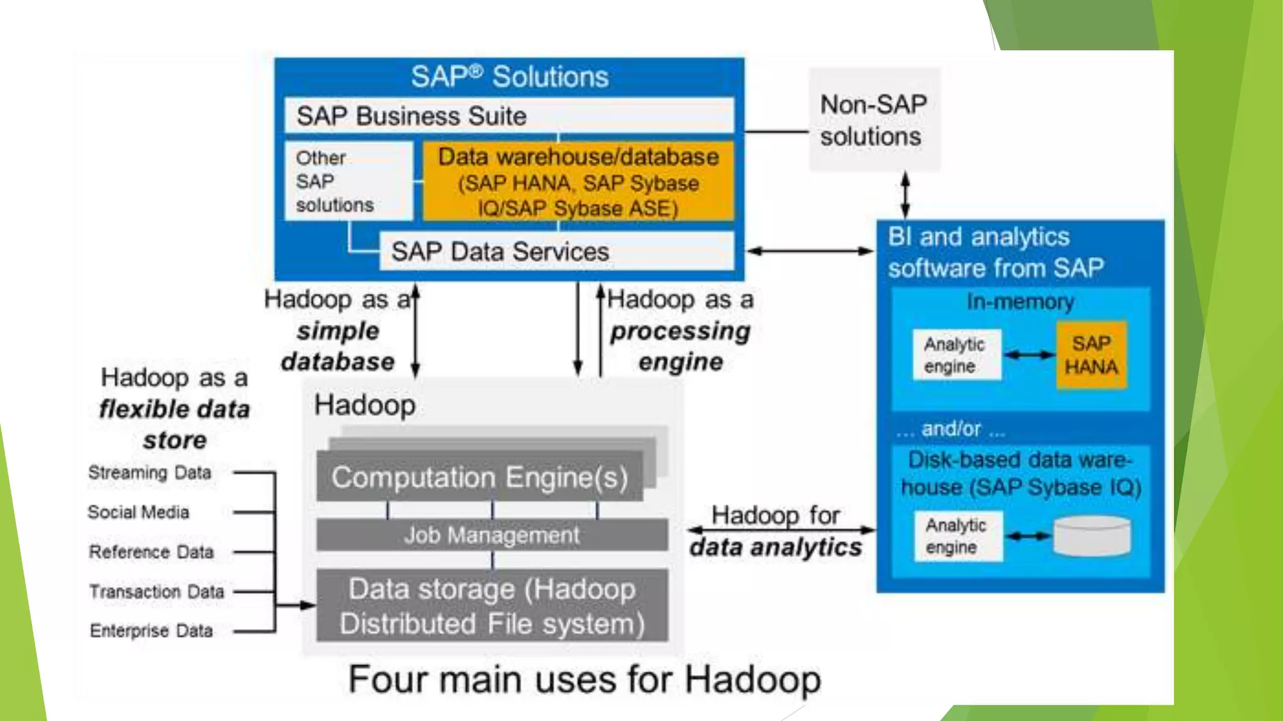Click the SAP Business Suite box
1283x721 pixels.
[509, 116]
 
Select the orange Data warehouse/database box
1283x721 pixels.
[578, 182]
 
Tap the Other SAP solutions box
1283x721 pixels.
[348, 181]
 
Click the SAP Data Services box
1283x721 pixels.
[556, 252]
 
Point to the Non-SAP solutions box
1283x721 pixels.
[874, 120]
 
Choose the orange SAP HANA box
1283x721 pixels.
[1091, 355]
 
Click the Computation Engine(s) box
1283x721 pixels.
[479, 477]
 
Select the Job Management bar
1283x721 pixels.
[492, 535]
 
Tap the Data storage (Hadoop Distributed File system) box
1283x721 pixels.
[492, 606]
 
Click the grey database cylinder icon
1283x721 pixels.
[1092, 536]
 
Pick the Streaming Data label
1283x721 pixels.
[150, 473]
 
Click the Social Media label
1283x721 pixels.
[138, 513]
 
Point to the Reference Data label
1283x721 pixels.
[151, 552]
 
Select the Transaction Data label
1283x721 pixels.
[157, 591]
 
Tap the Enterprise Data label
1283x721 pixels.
[151, 631]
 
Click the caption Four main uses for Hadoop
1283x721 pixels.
[584, 680]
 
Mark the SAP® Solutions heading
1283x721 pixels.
[509, 77]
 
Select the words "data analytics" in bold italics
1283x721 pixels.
[776, 548]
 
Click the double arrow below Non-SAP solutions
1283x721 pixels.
[905, 195]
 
